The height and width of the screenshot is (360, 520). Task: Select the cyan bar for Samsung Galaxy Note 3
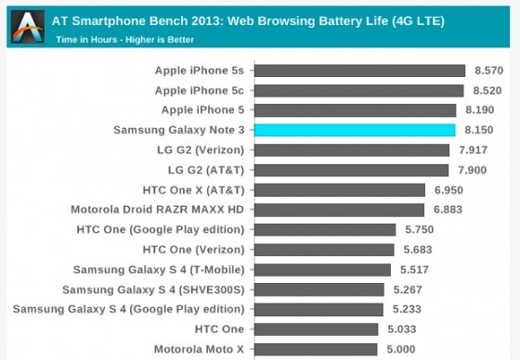click(354, 130)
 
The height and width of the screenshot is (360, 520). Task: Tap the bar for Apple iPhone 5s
click(358, 71)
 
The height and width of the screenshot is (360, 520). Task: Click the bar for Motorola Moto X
click(315, 350)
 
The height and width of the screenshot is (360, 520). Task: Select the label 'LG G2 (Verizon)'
click(199, 149)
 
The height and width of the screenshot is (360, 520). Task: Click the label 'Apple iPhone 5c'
click(199, 90)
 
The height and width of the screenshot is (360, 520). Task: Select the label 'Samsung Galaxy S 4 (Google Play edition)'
click(128, 309)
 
